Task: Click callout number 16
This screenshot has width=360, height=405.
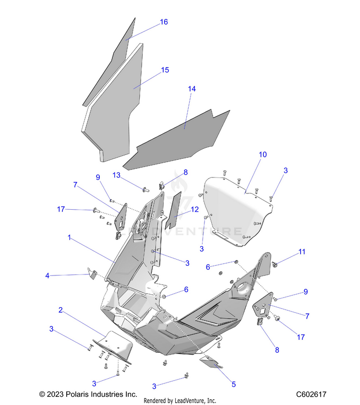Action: (164, 22)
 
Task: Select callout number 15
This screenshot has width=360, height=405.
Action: (165, 70)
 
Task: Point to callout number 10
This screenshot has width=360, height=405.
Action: (263, 155)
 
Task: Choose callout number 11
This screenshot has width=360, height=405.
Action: (301, 251)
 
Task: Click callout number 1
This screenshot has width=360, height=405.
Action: (70, 237)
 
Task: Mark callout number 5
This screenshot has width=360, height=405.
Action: (234, 384)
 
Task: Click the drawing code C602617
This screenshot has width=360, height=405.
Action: (311, 394)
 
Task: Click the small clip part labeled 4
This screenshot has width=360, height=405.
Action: (91, 274)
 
